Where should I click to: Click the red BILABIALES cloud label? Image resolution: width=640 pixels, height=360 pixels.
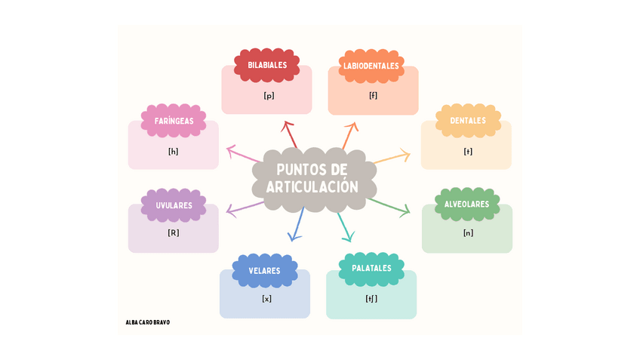coord(267,65)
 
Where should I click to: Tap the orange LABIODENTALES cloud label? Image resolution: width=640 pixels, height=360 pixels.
coord(371,66)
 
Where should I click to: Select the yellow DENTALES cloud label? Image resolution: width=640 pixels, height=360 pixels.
coord(468,121)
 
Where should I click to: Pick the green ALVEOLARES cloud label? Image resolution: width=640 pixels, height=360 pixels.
coord(467,204)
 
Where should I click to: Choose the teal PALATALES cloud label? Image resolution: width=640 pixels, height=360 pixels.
coord(371,268)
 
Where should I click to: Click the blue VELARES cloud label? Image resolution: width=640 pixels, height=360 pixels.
coord(265,270)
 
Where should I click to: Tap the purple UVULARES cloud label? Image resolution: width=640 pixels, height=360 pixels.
coord(174,205)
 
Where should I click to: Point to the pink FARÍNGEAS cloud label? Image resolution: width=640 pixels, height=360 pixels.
coord(174,121)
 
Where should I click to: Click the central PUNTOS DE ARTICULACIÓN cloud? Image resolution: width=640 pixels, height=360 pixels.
coord(312,178)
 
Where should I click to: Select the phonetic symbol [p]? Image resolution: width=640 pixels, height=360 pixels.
coord(268,96)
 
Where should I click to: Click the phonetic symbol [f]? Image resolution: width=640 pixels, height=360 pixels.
coord(373,96)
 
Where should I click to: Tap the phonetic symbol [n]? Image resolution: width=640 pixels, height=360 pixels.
coord(468,232)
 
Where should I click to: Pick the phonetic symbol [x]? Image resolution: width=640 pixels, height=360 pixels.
coord(266,299)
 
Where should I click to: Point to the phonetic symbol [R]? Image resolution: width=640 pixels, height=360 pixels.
coord(174,233)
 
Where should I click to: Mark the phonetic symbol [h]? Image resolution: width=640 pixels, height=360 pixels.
coord(174,151)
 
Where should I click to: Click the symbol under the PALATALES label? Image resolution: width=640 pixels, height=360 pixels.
coord(371,299)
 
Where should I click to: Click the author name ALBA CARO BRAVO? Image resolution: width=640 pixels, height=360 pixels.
coord(148,322)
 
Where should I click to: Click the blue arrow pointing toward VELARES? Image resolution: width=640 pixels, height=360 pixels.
coord(297,224)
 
